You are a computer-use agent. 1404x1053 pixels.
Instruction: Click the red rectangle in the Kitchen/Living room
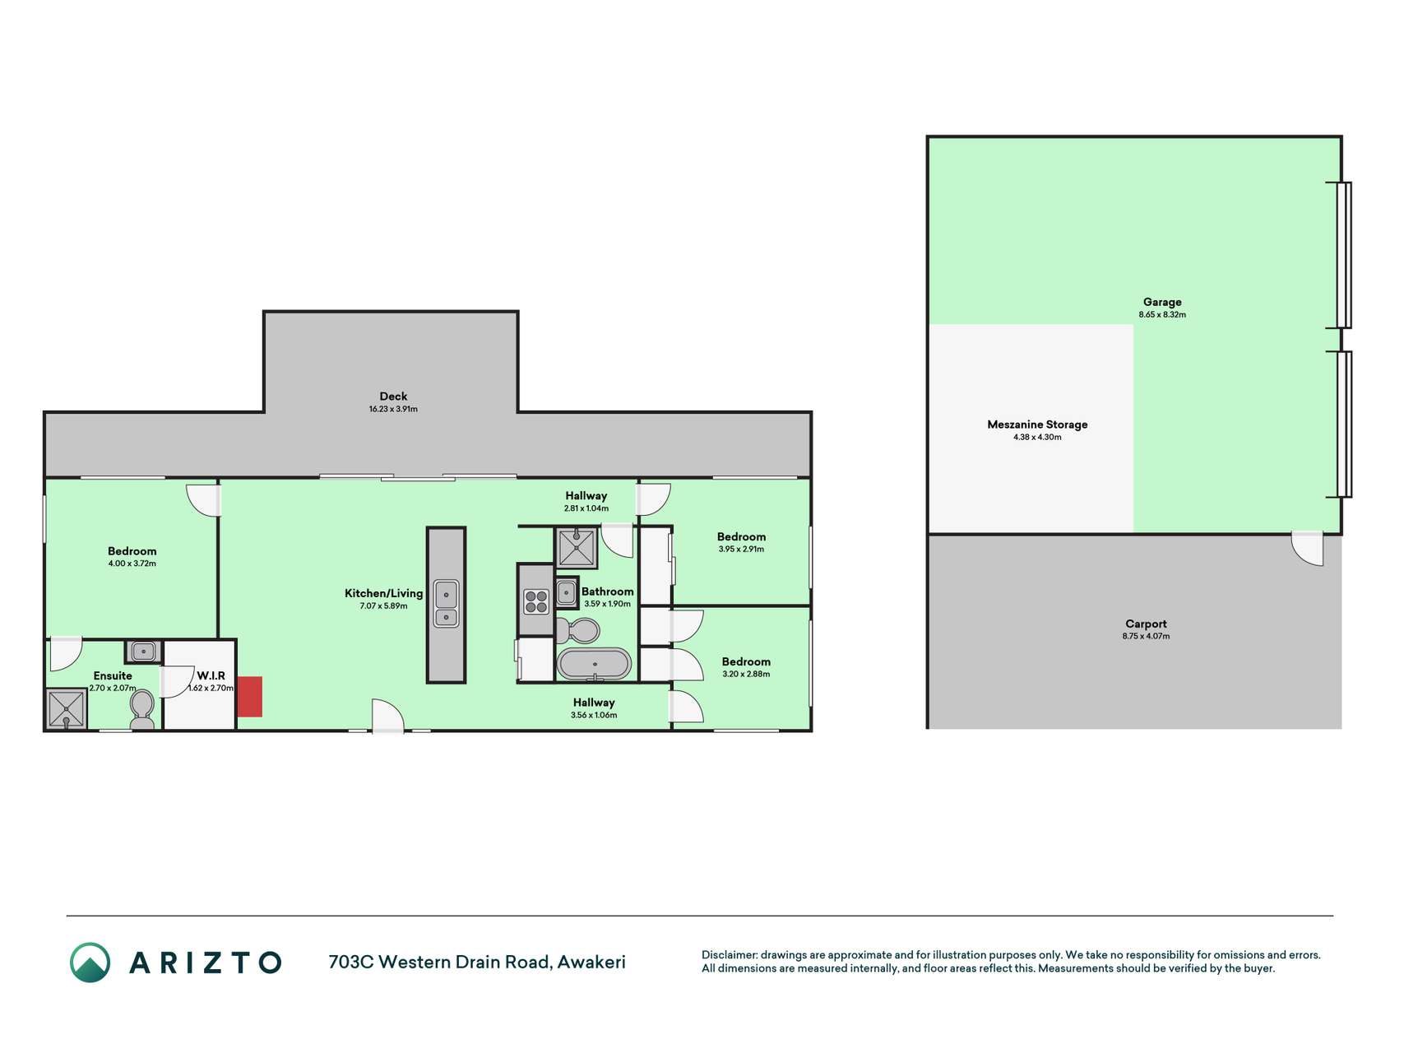[x=249, y=697]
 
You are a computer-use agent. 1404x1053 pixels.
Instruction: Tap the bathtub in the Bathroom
[x=594, y=664]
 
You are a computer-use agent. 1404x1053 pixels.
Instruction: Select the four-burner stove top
[x=536, y=602]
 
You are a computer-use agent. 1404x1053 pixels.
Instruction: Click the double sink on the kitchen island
[x=446, y=603]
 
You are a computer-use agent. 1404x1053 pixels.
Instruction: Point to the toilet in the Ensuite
[x=142, y=710]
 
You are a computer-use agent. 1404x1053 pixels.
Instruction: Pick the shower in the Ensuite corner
[x=66, y=709]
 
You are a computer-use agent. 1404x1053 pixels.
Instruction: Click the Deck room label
[x=393, y=397]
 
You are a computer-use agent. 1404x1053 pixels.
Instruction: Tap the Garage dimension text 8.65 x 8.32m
[x=1162, y=315]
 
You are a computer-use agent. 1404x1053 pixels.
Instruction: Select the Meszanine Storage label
[x=1037, y=424]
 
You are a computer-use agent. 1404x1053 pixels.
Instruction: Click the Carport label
[x=1146, y=624]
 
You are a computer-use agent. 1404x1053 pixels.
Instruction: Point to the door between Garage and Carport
[x=1307, y=549]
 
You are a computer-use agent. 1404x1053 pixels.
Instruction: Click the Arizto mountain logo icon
[x=90, y=963]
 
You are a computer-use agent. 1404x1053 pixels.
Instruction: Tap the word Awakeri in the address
[x=591, y=962]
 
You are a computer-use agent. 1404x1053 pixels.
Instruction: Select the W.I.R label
[x=211, y=675]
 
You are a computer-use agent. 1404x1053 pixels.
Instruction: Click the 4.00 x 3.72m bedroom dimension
[x=132, y=564]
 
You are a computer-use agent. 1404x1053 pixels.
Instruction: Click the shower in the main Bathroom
[x=577, y=549]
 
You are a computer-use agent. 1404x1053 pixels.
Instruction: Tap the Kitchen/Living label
[x=383, y=593]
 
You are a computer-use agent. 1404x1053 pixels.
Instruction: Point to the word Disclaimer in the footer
[x=729, y=955]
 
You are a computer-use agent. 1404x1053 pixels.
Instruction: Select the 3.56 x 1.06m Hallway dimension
[x=594, y=716]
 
